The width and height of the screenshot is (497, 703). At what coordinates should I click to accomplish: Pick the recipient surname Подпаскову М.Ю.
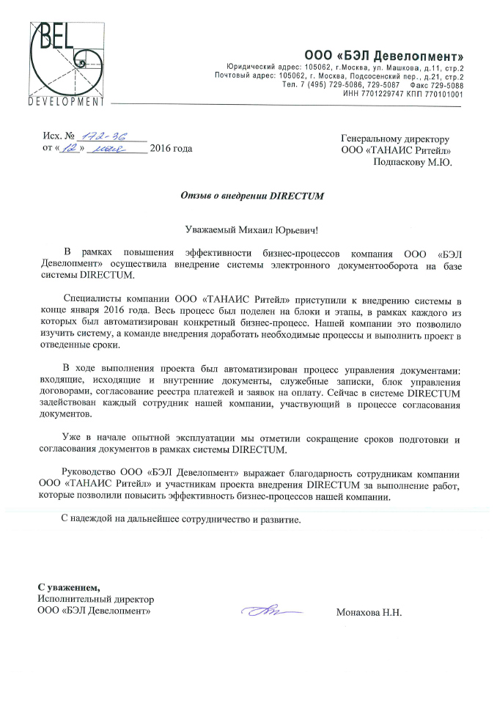[413, 163]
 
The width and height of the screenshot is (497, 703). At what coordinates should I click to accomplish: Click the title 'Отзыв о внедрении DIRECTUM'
[251, 196]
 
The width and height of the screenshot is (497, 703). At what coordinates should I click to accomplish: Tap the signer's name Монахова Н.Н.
[369, 612]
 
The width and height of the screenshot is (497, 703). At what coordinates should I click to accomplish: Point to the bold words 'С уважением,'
[68, 586]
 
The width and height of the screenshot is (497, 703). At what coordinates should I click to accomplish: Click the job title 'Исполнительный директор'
[92, 598]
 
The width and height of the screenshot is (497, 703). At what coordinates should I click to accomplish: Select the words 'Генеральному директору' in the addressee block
[395, 139]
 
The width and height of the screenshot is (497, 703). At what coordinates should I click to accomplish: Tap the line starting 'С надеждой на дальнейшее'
[180, 518]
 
